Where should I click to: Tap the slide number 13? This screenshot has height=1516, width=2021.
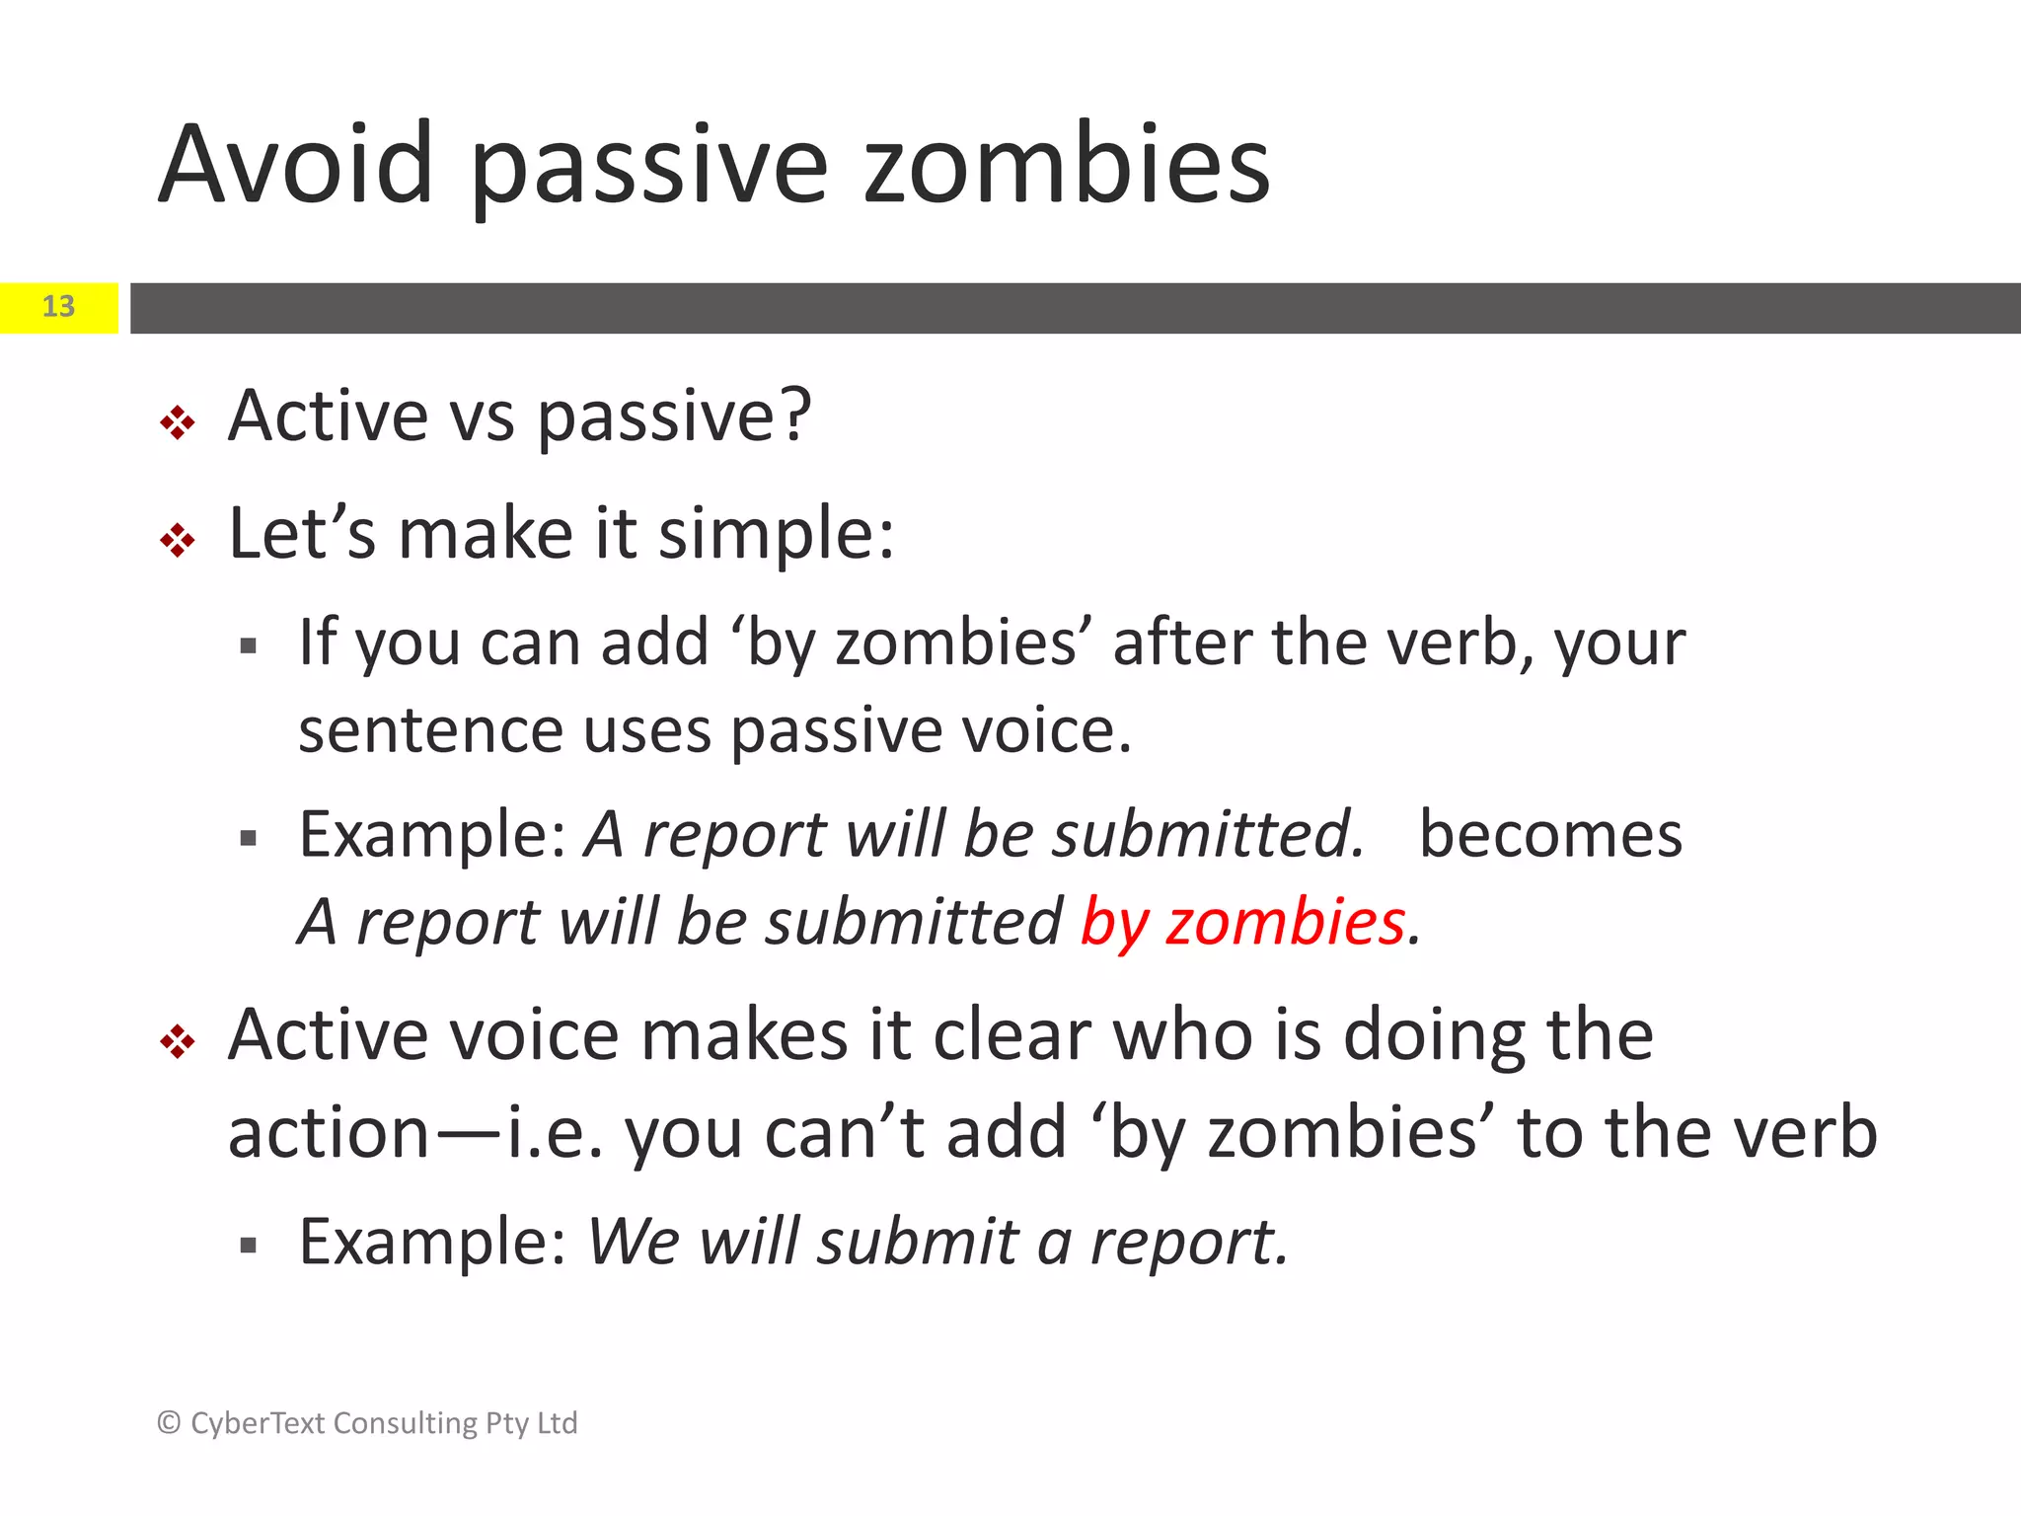(58, 307)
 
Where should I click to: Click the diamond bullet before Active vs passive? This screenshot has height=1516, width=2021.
(178, 423)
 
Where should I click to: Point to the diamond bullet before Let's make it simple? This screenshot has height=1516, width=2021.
(178, 541)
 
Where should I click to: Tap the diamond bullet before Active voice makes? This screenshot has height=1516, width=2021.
(178, 1041)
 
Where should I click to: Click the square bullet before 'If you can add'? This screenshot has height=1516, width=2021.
(249, 647)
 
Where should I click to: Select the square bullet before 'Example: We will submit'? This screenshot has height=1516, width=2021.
(249, 1246)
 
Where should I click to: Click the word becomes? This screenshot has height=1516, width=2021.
(1550, 835)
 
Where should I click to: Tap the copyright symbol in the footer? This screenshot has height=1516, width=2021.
(169, 1422)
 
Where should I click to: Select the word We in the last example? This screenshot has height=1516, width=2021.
(633, 1241)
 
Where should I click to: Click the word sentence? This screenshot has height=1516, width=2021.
(429, 732)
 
